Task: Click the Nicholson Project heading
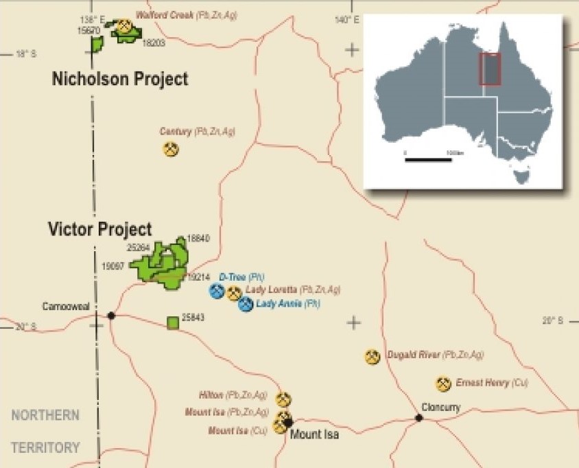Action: coord(120,79)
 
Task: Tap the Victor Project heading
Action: coord(100,229)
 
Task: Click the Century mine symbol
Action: coord(171,148)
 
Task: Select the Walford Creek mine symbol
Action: coord(124,27)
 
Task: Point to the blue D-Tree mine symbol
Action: coord(217,291)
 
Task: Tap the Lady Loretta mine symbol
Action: coord(234,294)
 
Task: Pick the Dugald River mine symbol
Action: coord(373,357)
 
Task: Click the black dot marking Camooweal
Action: coord(111,316)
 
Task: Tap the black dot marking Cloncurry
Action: coord(418,418)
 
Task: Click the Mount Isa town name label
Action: coord(315,434)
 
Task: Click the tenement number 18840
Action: coord(198,238)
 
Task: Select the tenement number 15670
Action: coord(89,31)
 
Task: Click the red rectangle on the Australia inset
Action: coord(490,69)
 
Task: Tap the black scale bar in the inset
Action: coord(428,160)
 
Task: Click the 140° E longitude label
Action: coord(346,20)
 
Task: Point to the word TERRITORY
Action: coord(45,448)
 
